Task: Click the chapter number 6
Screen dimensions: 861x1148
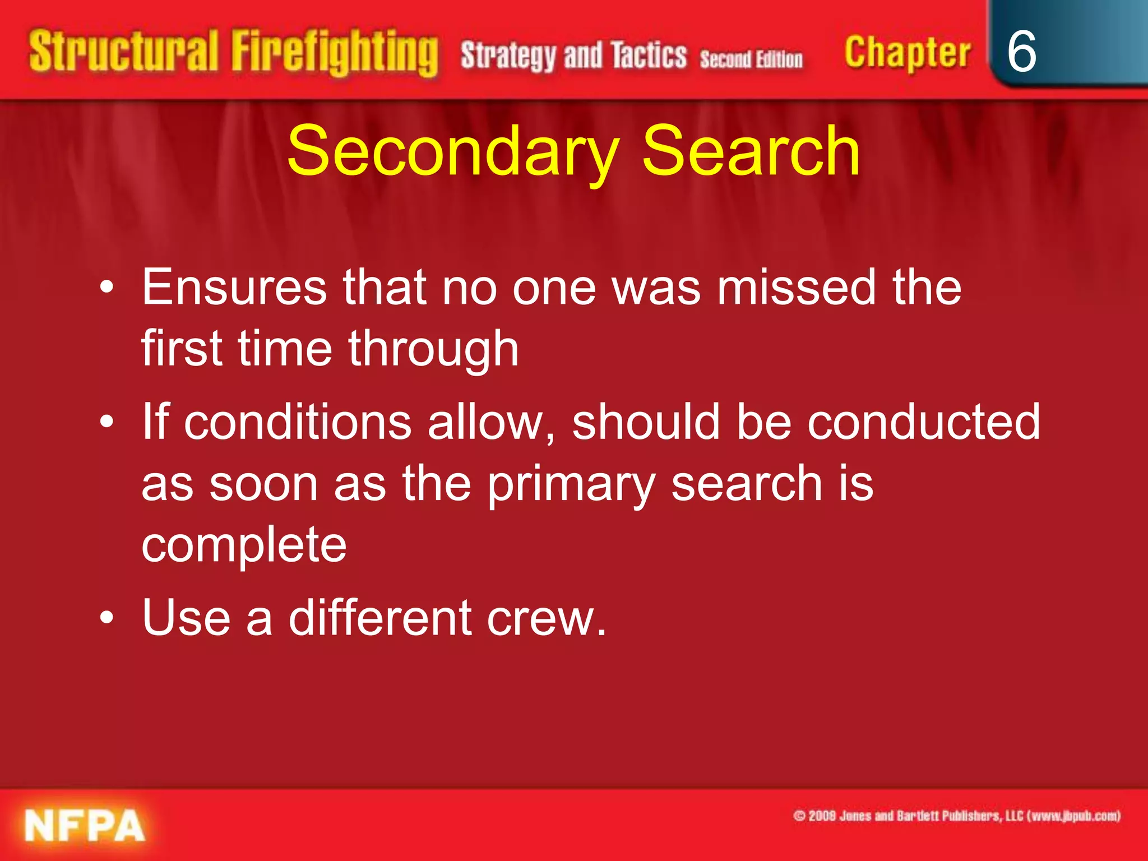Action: coord(1021,52)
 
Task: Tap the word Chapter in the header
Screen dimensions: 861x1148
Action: coord(907,53)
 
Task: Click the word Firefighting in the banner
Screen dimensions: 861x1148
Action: coord(335,53)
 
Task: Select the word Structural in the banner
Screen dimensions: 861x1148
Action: coord(123,52)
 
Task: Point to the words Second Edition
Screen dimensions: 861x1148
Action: coord(751,59)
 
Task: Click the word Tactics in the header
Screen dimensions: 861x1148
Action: coord(649,55)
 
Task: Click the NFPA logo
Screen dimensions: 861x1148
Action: coord(85,826)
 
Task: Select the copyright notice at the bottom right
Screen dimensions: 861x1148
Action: coord(956,816)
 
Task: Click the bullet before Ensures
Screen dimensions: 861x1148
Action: coord(107,288)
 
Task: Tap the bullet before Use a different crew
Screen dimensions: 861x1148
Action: coord(107,618)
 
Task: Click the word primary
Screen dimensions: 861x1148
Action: coord(571,485)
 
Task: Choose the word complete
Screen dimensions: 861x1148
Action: coord(244,545)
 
